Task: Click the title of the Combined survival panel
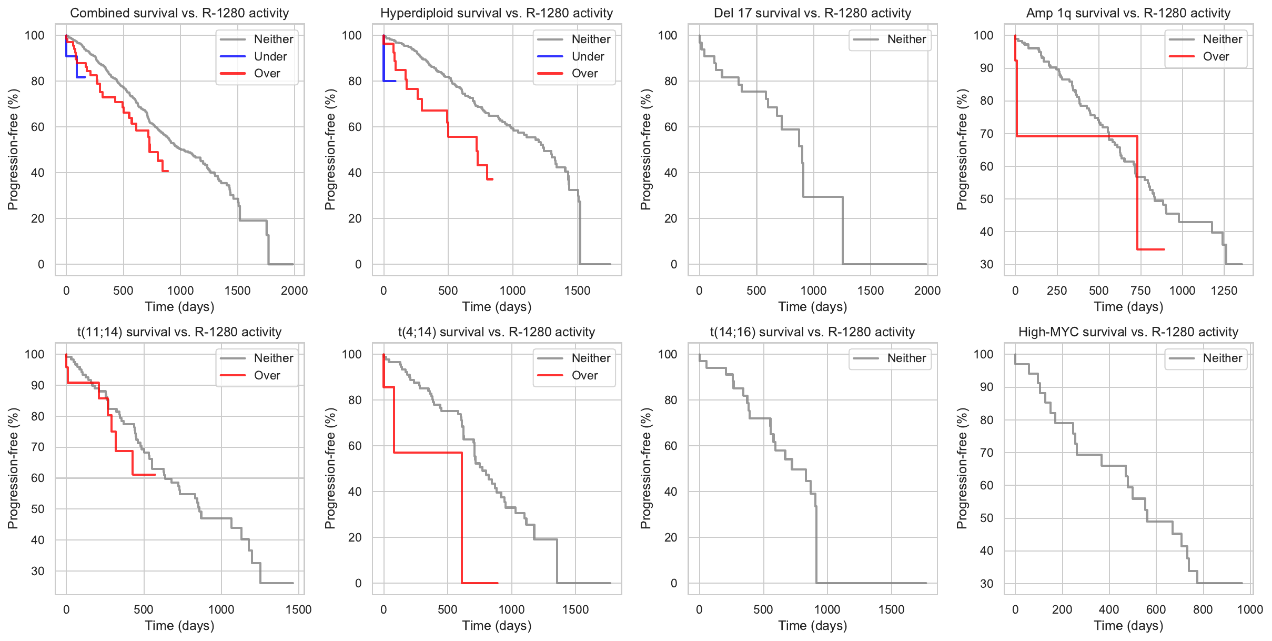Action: pos(179,13)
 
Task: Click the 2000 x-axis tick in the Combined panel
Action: pos(294,291)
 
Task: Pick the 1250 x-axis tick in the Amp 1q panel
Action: pos(1224,291)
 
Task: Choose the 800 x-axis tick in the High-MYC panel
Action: pos(1203,609)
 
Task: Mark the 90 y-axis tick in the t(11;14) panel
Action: pos(38,385)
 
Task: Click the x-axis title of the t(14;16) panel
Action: pos(812,625)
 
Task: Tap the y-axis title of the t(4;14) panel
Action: pos(330,468)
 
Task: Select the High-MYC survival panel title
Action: pos(1128,332)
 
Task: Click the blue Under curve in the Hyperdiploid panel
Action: pos(389,81)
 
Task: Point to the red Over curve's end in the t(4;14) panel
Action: pos(497,583)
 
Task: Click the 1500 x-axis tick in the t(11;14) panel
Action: pos(298,609)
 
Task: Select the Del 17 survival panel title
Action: pos(812,13)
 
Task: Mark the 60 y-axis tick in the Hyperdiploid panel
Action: pos(355,127)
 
